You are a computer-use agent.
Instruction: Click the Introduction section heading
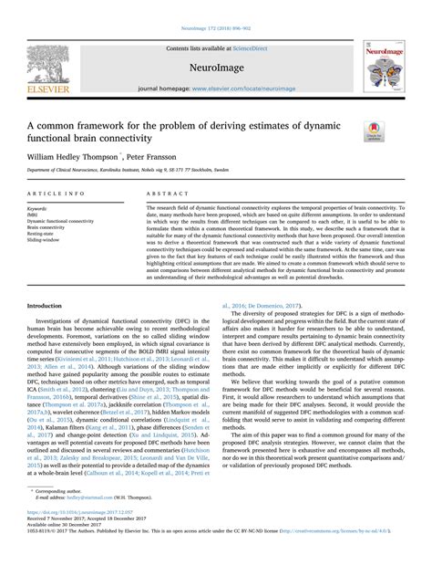click(50, 306)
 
